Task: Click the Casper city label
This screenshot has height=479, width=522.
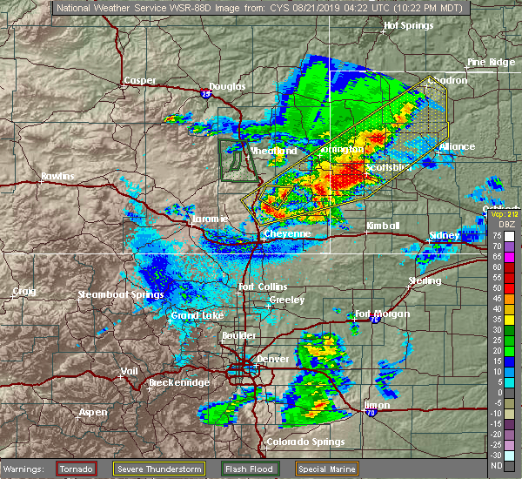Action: pos(139,81)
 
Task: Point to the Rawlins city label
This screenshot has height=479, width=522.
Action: pos(57,177)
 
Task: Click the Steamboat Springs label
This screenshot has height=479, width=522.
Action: pos(121,295)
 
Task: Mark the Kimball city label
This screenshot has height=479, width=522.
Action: pos(382,226)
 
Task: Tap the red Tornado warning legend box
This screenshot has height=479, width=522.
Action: pos(77,469)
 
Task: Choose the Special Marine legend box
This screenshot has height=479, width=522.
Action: pos(325,469)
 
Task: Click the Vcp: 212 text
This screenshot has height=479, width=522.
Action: pos(502,213)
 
